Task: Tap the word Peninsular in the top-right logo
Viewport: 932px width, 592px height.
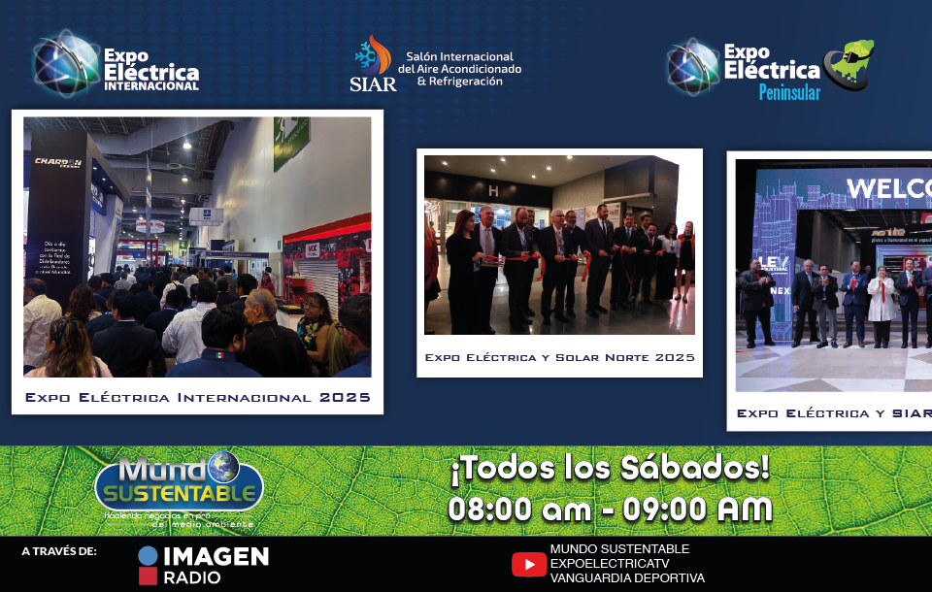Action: pyautogui.click(x=788, y=93)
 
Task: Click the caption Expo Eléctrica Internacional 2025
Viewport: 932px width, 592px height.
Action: pyautogui.click(x=198, y=397)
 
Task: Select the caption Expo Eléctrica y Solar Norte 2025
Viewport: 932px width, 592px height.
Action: pyautogui.click(x=559, y=358)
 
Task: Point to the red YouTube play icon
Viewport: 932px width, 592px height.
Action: pyautogui.click(x=528, y=564)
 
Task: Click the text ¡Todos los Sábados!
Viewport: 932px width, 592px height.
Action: pyautogui.click(x=609, y=469)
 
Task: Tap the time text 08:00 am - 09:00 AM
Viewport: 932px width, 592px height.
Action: pyautogui.click(x=610, y=509)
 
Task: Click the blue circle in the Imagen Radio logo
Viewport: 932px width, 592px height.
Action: pyautogui.click(x=148, y=556)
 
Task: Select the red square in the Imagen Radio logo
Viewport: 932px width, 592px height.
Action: pyautogui.click(x=148, y=577)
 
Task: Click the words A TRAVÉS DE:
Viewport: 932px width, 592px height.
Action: pyautogui.click(x=59, y=552)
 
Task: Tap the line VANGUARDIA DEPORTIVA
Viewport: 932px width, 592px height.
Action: pyautogui.click(x=626, y=577)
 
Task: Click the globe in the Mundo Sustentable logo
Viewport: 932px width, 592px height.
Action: pyautogui.click(x=221, y=465)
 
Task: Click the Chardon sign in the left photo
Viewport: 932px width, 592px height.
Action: pyautogui.click(x=55, y=162)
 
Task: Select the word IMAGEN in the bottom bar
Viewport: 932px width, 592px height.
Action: pyautogui.click(x=216, y=556)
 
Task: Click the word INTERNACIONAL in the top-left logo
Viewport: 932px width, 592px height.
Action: pyautogui.click(x=150, y=86)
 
